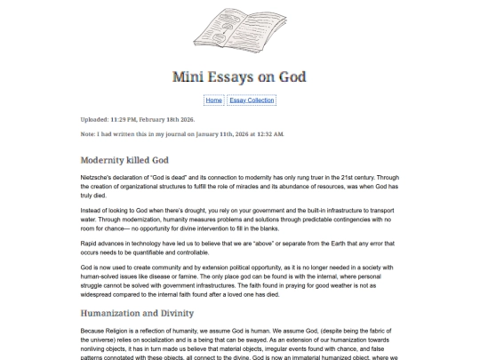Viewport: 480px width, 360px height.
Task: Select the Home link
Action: click(213, 100)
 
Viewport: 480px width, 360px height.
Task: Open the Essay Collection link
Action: click(252, 100)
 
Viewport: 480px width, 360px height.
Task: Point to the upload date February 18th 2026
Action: click(166, 118)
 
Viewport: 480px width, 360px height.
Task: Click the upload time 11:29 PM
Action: click(122, 118)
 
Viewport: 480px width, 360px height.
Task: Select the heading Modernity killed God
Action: click(124, 161)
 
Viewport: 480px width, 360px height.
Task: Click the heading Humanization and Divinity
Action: click(137, 314)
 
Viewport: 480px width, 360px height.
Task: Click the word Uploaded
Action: click(93, 118)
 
